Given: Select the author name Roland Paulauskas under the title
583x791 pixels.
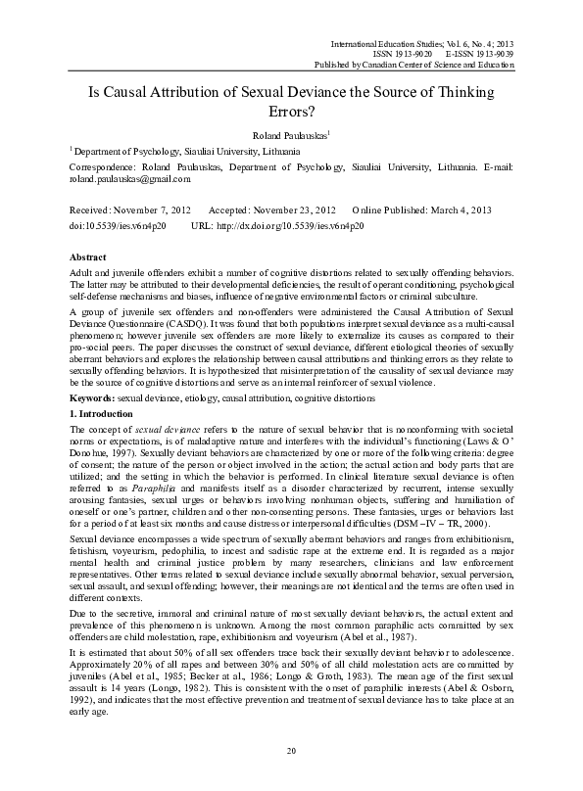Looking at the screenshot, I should point(290,135).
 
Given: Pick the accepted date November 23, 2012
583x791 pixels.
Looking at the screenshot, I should point(290,211).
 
